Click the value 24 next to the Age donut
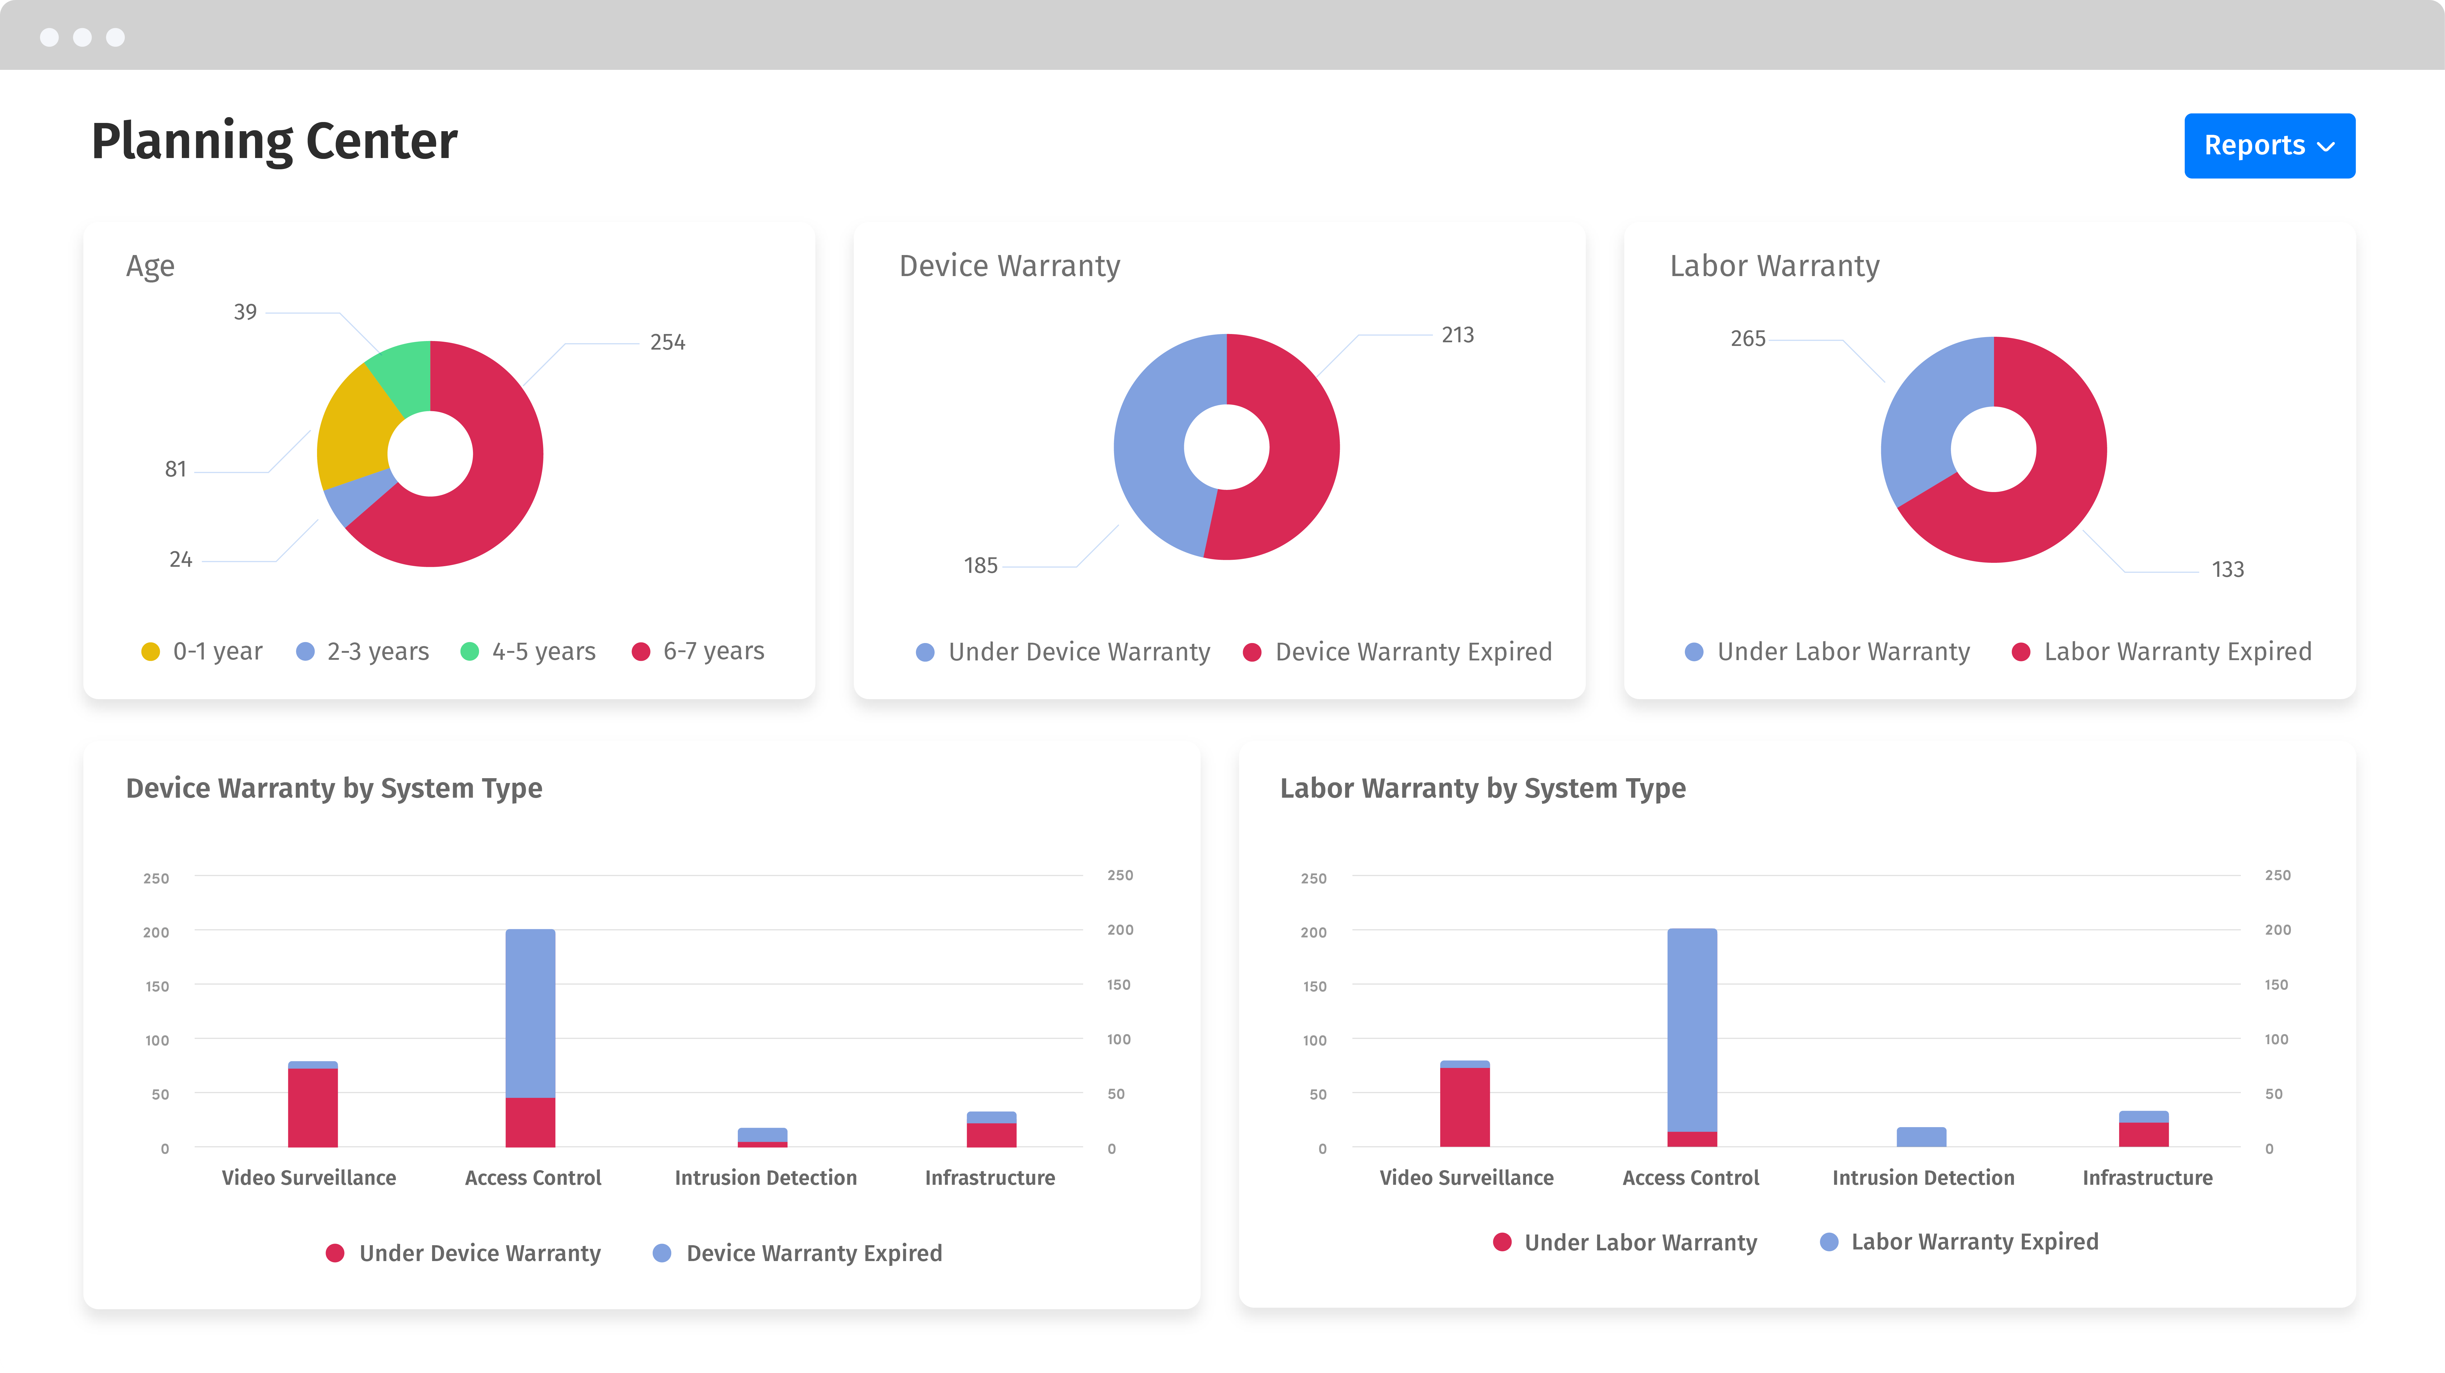180,560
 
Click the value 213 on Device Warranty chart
1457,335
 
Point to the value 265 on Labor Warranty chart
1747,339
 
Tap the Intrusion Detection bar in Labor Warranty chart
1921,1137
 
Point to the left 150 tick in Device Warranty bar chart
157,987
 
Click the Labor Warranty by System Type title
1482,789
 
